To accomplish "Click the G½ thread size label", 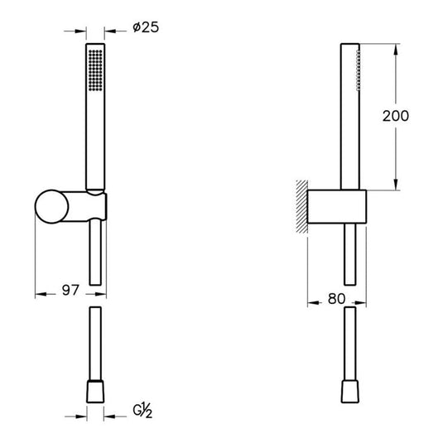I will click(144, 410).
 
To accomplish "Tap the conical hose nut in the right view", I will click(351, 392).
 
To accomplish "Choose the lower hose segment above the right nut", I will click(351, 344).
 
